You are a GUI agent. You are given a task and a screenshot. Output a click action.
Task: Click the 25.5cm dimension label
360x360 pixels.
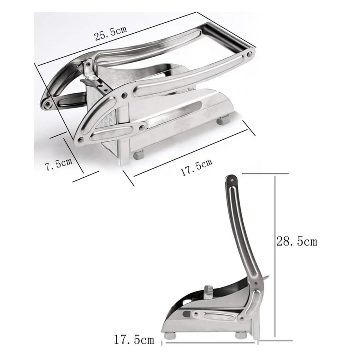pyautogui.click(x=111, y=33)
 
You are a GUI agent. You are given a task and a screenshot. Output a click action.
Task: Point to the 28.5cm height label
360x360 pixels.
pyautogui.click(x=297, y=241)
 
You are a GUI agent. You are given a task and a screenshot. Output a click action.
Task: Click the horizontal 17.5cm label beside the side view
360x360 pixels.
pyautogui.click(x=134, y=340)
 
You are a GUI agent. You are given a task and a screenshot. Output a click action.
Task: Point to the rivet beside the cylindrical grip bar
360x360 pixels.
pyautogui.click(x=249, y=54)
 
